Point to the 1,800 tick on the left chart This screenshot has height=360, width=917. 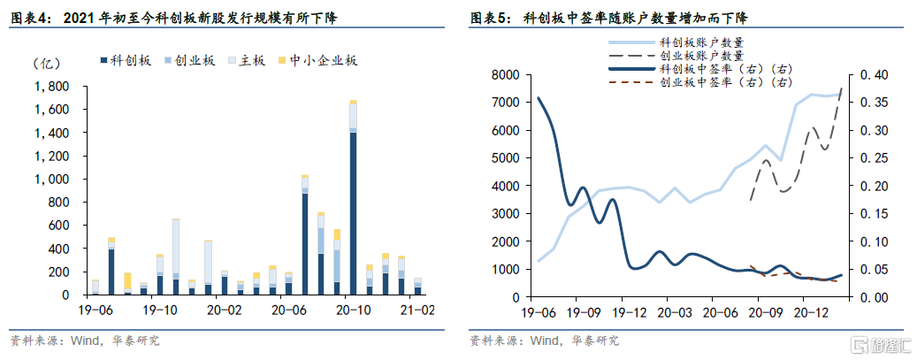pos(50,87)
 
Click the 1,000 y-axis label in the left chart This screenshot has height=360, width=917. pos(50,179)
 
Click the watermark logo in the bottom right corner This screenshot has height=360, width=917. pos(876,343)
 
